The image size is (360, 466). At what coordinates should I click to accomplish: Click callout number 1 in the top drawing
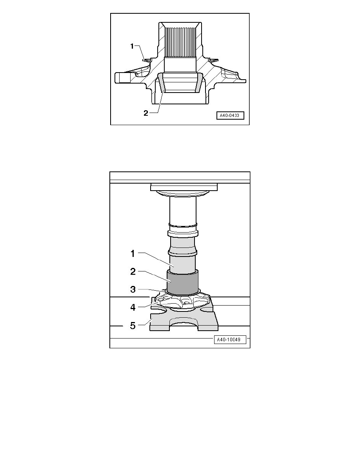pos(132,46)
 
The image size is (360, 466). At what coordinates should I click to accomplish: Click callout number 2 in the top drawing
pos(145,113)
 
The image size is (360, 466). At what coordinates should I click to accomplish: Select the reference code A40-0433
pos(230,115)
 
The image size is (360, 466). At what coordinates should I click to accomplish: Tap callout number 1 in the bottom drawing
pos(133,254)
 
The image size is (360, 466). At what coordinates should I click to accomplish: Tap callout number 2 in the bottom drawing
pos(133,271)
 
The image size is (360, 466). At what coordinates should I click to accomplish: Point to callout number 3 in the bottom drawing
pos(133,289)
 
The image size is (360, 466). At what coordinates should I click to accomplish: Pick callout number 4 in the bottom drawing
pos(133,307)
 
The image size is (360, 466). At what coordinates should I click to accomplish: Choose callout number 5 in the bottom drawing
pos(133,326)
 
